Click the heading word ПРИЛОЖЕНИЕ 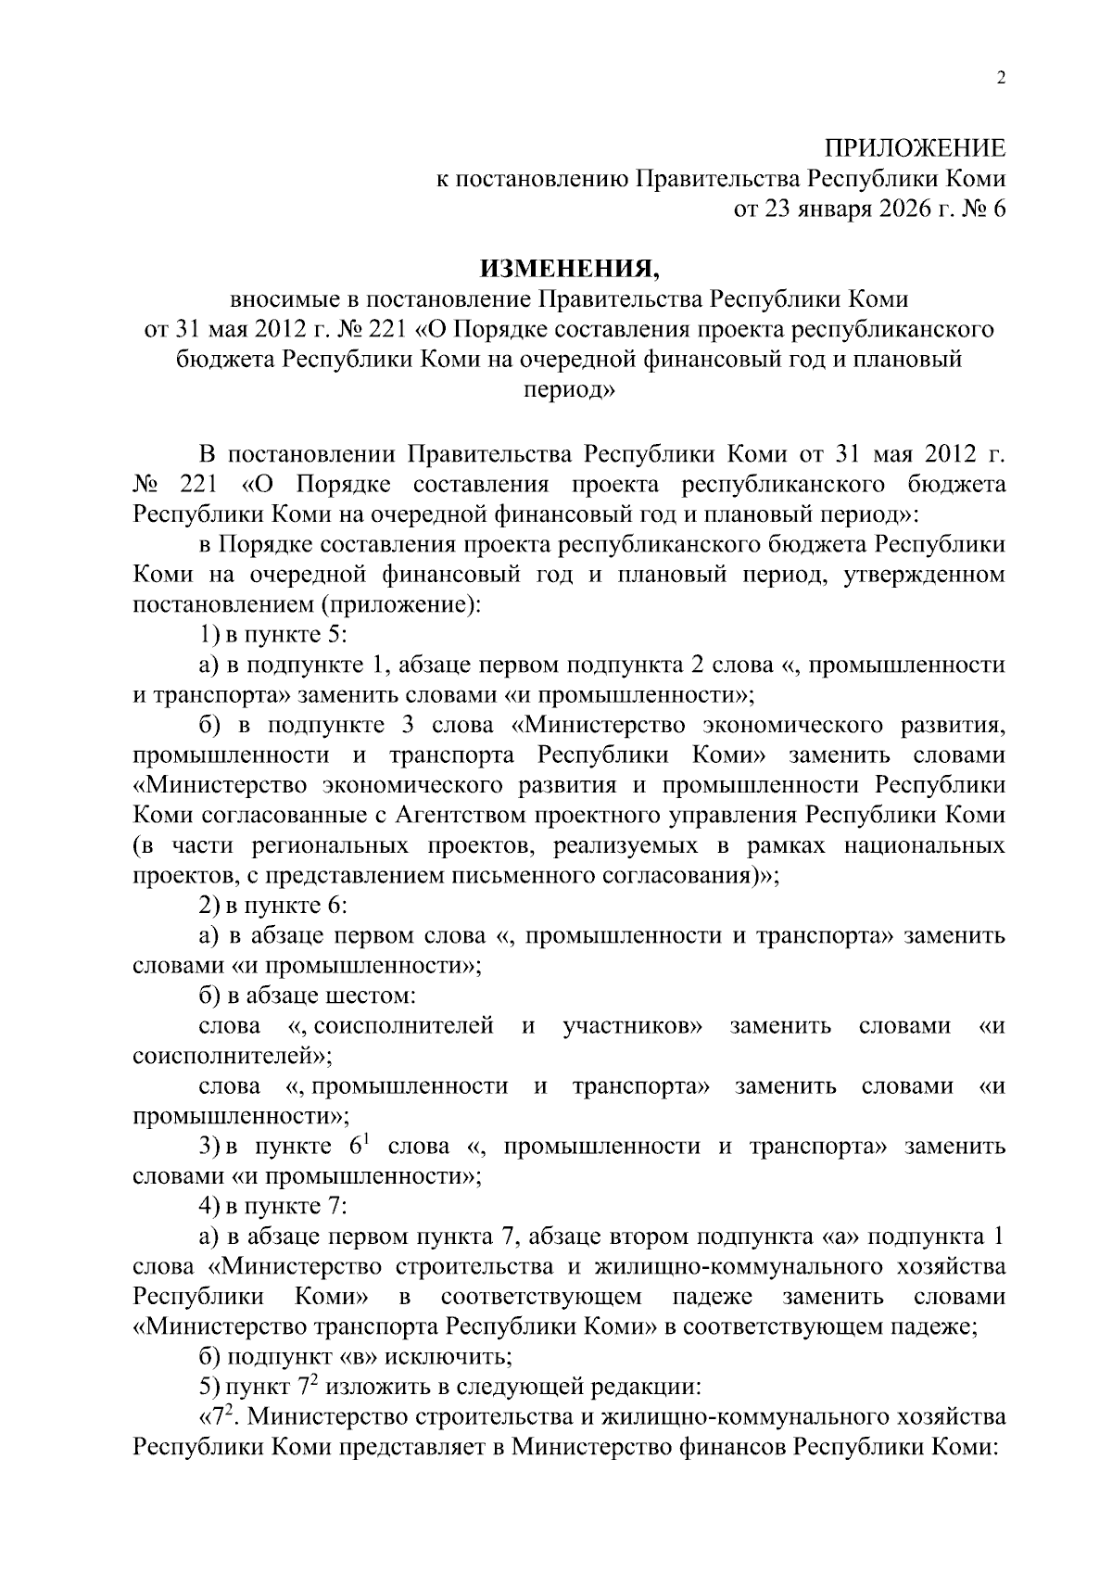tap(915, 148)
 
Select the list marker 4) tap(209, 1207)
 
